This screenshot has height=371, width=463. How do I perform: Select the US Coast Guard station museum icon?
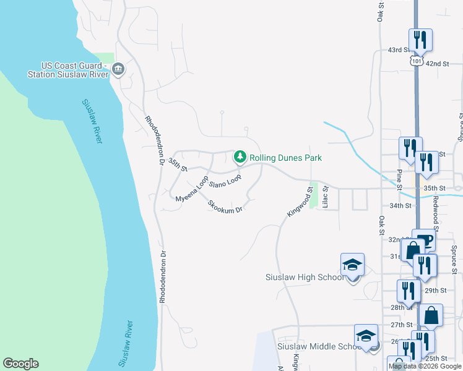coord(118,70)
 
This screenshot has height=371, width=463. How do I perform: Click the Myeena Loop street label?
coord(191,190)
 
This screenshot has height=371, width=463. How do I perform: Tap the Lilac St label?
coord(325,198)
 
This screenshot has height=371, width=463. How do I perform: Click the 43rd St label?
coord(399,49)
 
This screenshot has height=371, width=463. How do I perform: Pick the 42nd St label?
coord(437,64)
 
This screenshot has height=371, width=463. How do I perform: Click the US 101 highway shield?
coord(417,61)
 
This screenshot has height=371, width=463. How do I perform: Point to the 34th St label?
coord(400,205)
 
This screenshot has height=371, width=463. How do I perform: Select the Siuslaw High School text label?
coord(304,277)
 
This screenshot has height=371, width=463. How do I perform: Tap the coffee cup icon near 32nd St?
coord(424,240)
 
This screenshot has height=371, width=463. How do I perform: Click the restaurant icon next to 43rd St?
coord(420,40)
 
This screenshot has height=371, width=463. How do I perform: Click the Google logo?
coord(20,364)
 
